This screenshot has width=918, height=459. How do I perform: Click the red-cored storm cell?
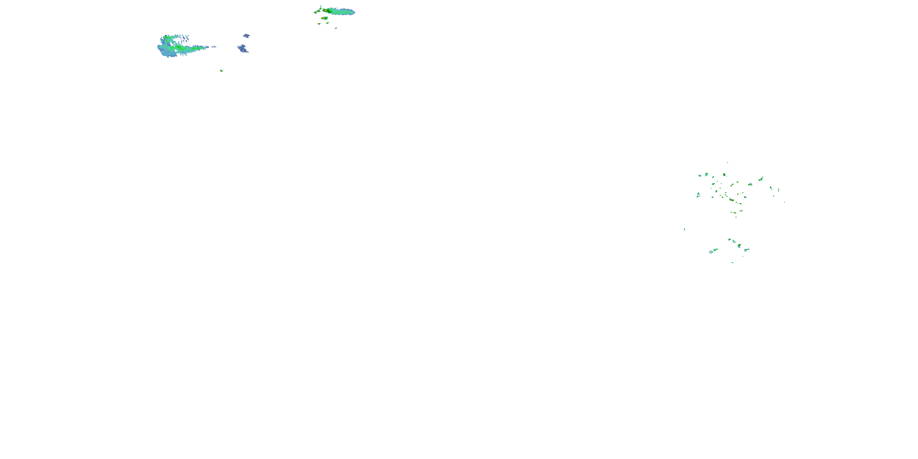click(731, 200)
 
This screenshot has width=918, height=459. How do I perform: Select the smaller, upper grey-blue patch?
click(246, 35)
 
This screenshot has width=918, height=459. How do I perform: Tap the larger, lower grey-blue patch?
click(243, 49)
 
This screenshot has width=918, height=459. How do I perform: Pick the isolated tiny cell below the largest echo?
click(221, 71)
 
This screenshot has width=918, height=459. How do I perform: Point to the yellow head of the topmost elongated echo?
click(325, 11)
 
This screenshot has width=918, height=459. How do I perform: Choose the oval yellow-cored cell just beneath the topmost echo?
click(324, 18)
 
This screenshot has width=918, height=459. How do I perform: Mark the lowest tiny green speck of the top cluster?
click(336, 28)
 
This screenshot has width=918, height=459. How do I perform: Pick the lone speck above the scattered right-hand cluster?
click(727, 162)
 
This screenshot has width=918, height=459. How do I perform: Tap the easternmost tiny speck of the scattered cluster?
click(784, 202)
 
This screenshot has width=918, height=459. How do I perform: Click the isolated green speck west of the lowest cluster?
click(684, 229)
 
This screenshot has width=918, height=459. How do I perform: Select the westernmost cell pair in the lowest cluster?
click(712, 251)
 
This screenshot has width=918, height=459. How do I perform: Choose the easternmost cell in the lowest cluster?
click(747, 249)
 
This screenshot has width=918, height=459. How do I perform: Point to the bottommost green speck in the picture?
click(732, 263)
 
